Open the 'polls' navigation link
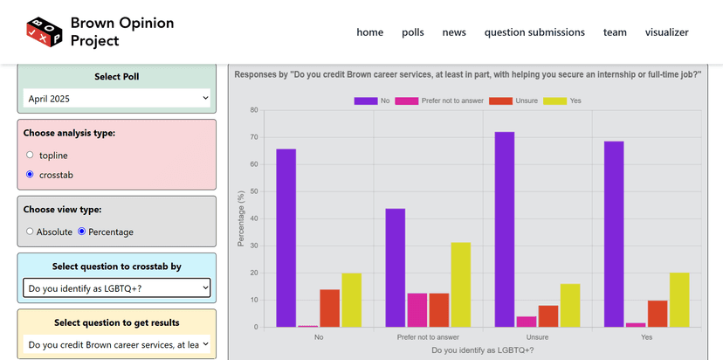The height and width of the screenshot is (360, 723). coord(413,32)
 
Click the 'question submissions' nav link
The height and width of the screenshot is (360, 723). coord(534,32)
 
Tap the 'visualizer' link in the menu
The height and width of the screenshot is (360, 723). coord(666,32)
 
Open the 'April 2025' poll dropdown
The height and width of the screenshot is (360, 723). coord(117,99)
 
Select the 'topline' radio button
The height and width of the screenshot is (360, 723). coord(31,156)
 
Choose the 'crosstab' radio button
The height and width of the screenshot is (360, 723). coord(31,175)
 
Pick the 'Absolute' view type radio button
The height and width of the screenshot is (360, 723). coord(31,232)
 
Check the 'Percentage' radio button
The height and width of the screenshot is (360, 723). coord(82,232)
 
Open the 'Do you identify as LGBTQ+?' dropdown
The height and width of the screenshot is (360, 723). coord(117,287)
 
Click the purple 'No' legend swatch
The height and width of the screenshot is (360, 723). coord(365,100)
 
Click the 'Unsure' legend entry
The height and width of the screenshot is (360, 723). coord(500,100)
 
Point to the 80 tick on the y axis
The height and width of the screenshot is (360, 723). coord(253,110)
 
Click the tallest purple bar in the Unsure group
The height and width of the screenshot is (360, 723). coord(505,229)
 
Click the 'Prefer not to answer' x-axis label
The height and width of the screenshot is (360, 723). coord(428,337)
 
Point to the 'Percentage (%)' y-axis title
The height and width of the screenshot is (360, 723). coord(242,218)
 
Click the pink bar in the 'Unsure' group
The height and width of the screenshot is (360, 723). coord(527,322)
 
